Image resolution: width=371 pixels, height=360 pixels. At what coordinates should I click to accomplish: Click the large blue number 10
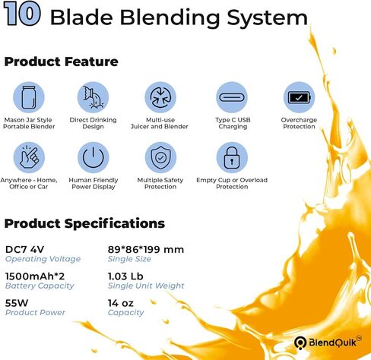[x=22, y=14]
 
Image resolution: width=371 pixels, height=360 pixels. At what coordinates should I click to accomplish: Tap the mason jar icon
[x=29, y=97]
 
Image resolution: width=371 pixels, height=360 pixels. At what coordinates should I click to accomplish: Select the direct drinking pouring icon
[x=94, y=97]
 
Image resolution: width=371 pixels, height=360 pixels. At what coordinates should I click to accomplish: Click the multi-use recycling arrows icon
[x=160, y=97]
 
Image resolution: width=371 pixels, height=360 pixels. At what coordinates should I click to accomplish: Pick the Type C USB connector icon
[x=232, y=97]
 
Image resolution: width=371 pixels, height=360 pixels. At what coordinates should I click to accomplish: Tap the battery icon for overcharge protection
[x=299, y=97]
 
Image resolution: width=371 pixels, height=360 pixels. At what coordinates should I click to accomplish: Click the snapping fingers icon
[x=29, y=157]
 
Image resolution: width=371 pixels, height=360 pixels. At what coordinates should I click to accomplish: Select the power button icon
[x=94, y=157]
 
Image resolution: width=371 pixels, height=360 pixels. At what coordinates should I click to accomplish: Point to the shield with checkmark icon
[x=160, y=157]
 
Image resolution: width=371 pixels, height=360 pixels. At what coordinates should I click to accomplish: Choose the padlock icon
[x=232, y=157]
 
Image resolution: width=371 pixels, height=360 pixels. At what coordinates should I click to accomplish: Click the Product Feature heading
[x=61, y=62]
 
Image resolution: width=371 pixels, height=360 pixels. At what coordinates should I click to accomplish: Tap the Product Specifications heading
[x=84, y=223]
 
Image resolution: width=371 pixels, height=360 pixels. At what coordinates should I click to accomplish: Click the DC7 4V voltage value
[x=24, y=249]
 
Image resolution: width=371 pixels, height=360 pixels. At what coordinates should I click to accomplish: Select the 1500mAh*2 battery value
[x=35, y=276]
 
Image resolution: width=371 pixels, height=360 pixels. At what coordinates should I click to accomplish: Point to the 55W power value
[x=17, y=303]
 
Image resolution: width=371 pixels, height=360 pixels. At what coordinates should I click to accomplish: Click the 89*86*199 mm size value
[x=146, y=249]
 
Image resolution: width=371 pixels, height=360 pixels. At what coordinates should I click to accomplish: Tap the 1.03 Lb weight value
[x=125, y=276]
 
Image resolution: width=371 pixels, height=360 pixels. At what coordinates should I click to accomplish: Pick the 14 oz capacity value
[x=121, y=303]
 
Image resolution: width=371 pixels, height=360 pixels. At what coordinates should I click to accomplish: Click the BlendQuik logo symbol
[x=300, y=343]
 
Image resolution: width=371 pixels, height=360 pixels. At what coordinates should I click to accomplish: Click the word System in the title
[x=267, y=17]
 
